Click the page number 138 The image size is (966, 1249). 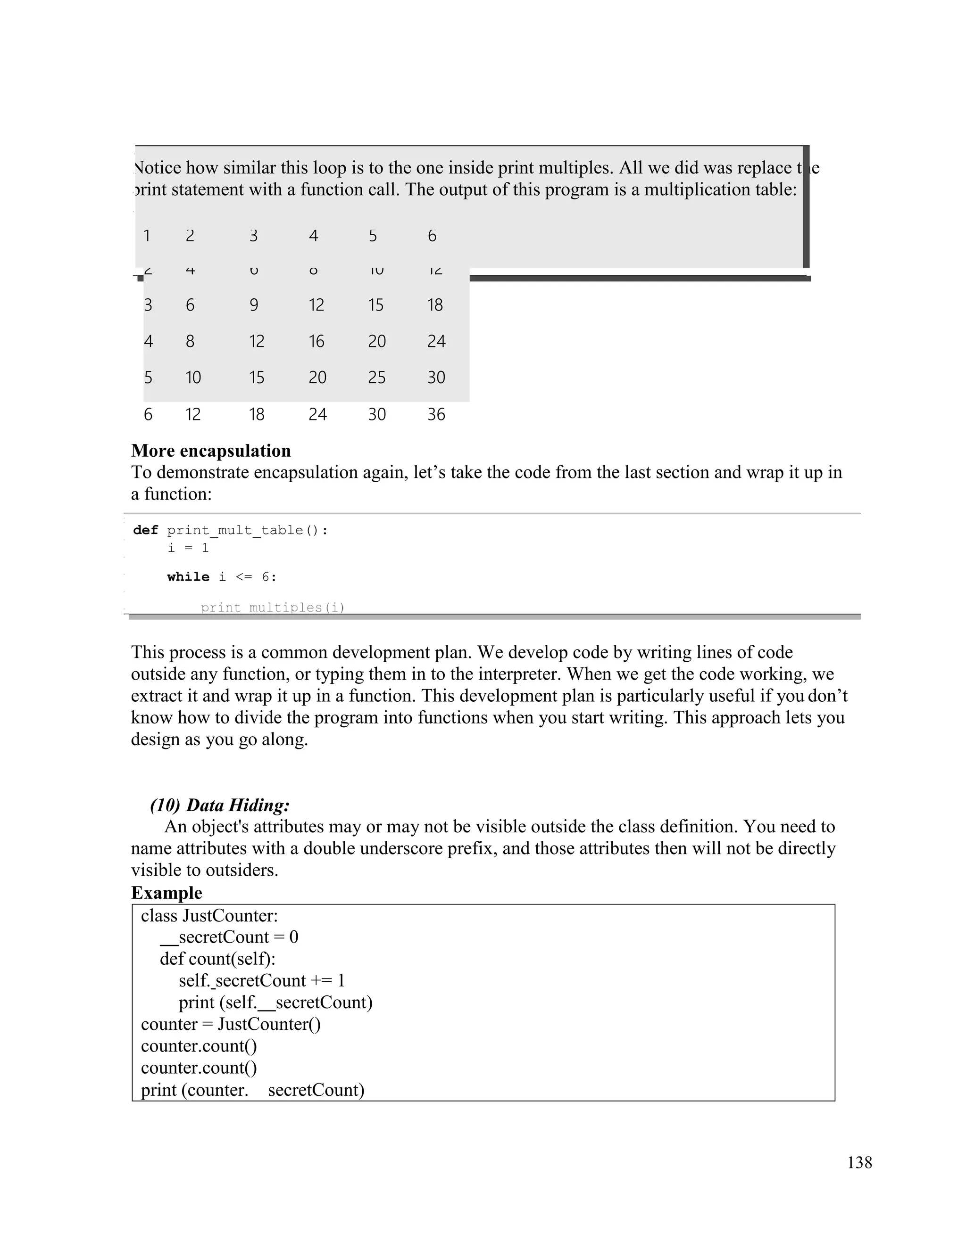pyautogui.click(x=859, y=1163)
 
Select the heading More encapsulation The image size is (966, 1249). pyautogui.click(x=210, y=451)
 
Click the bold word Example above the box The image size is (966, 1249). pyautogui.click(x=167, y=893)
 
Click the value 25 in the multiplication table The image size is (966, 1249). pyautogui.click(x=376, y=378)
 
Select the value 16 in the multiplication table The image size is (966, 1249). pyautogui.click(x=316, y=341)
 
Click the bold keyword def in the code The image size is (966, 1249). pyautogui.click(x=145, y=530)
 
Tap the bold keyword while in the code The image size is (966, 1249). pyautogui.click(x=188, y=576)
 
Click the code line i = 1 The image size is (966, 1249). pyautogui.click(x=188, y=548)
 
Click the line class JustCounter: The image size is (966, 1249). pyautogui.click(x=209, y=916)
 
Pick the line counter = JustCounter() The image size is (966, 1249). pyautogui.click(x=231, y=1024)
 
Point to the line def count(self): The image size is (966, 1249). pyautogui.click(x=217, y=959)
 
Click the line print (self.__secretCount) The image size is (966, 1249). pyautogui.click(x=275, y=1002)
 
